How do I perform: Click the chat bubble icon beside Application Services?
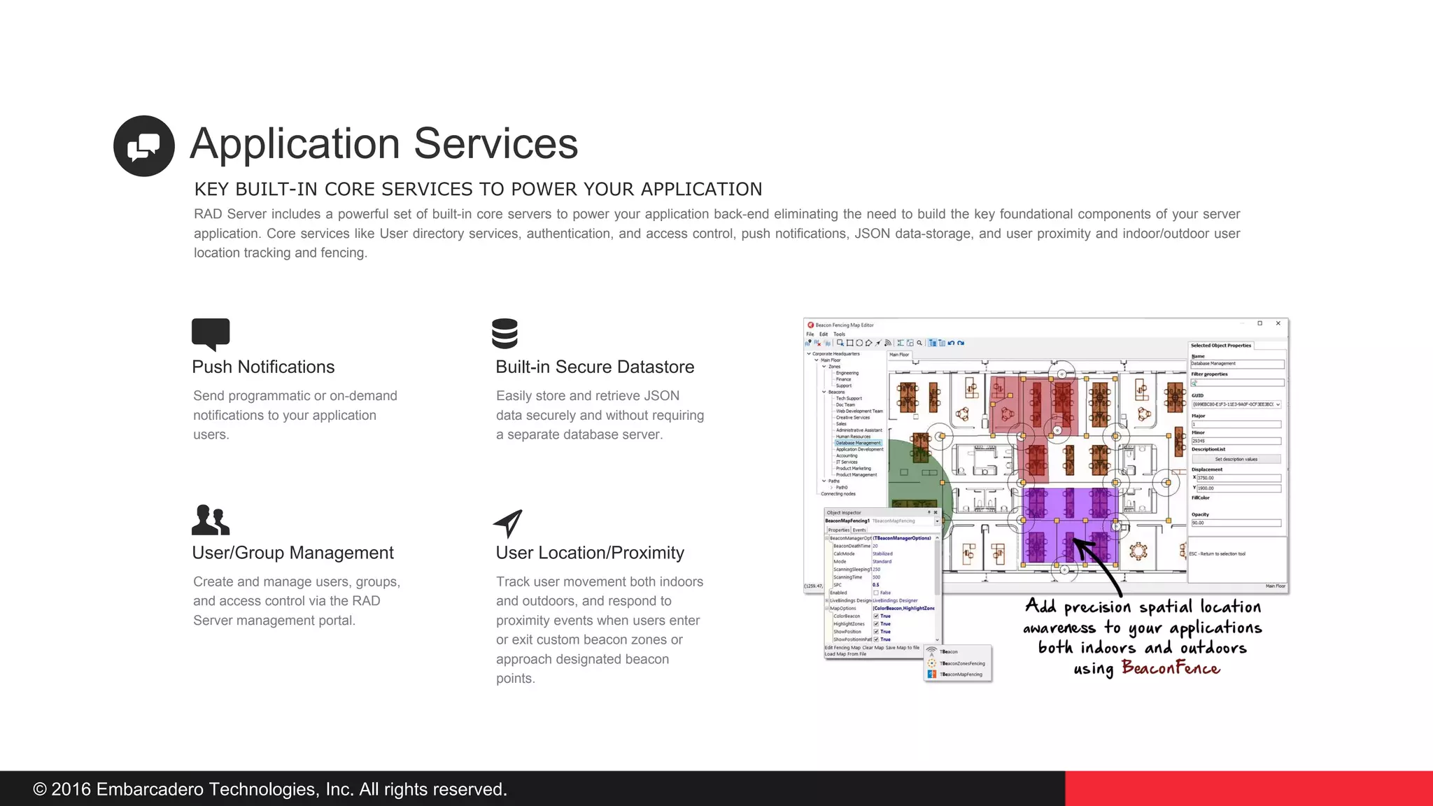[x=143, y=146]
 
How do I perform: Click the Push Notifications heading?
[x=263, y=367]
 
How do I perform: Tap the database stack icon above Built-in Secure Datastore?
[x=504, y=334]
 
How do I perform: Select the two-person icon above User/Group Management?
[x=210, y=521]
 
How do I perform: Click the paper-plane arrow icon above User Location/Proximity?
[x=509, y=523]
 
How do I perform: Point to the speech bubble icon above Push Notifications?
[x=211, y=333]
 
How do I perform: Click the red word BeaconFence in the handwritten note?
[x=1171, y=668]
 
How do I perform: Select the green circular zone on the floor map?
[x=924, y=483]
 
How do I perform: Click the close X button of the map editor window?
[x=1278, y=323]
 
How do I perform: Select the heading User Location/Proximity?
[x=590, y=553]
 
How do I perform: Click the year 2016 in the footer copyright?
[x=71, y=789]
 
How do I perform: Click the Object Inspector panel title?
[x=845, y=513]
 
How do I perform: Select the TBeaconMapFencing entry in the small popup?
[x=960, y=674]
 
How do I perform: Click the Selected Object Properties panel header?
[x=1221, y=346]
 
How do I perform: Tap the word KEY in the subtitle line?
[x=212, y=190]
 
